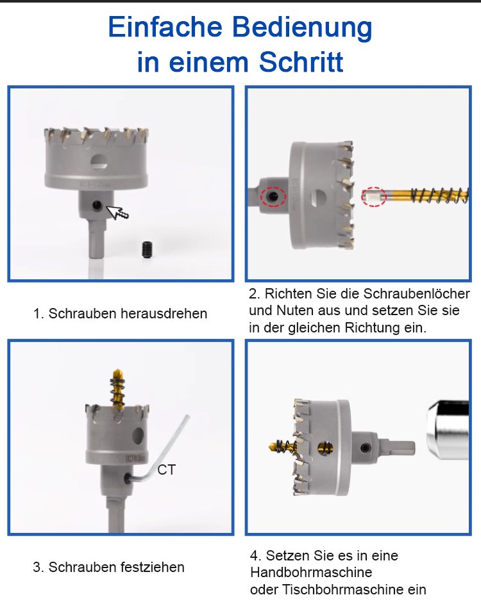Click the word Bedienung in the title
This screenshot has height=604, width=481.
[301, 28]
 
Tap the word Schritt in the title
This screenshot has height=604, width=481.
[301, 62]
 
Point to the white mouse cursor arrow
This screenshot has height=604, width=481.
[117, 213]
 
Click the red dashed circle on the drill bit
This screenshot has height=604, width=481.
[373, 197]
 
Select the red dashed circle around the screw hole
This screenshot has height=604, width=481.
[273, 197]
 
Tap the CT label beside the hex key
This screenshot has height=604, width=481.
[167, 470]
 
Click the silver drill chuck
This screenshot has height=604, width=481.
[448, 430]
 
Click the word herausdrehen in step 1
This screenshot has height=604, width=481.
[164, 314]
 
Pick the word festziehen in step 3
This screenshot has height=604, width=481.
[153, 567]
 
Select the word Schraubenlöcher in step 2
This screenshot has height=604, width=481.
[417, 293]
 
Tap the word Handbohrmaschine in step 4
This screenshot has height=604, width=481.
[311, 572]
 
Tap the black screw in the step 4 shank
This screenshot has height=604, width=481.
[365, 448]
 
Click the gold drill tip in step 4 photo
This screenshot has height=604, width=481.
[274, 446]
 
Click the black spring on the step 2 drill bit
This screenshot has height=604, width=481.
[439, 195]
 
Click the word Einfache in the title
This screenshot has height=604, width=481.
[165, 27]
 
